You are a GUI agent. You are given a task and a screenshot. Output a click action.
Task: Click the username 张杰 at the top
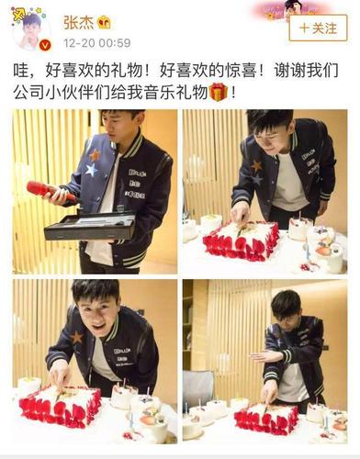click(78, 21)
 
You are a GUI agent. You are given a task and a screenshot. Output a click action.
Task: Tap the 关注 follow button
click(318, 28)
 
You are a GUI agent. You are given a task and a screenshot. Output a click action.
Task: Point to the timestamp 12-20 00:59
click(97, 42)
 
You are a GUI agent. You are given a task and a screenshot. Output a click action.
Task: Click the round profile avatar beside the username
click(30, 30)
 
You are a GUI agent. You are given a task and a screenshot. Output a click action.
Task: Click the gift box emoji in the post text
click(218, 92)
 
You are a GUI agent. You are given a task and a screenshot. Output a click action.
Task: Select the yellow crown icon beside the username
click(104, 21)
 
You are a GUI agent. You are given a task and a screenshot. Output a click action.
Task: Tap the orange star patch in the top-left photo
click(95, 155)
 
